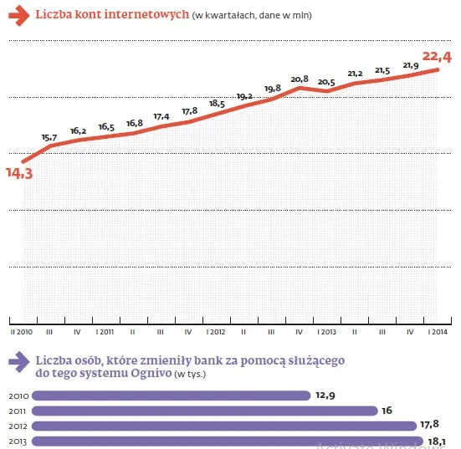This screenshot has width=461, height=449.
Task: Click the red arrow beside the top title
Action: coord(17,16)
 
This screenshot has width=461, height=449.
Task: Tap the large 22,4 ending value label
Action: coord(436,57)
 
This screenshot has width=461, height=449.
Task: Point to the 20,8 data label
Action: coord(300,79)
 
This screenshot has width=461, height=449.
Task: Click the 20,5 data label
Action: coord(326,82)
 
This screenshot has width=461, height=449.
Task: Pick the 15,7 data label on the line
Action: coord(49,137)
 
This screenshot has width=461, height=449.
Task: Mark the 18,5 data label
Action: coord(217,104)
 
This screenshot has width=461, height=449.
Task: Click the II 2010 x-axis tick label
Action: coord(22,332)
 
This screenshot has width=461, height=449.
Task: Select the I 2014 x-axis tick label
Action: coord(437,332)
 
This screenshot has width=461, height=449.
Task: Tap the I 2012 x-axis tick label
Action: coord(216,332)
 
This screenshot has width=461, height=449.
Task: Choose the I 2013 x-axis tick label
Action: coord(326,332)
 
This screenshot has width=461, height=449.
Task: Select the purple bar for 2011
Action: coord(205,411)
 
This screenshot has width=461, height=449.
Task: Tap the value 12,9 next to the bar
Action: coord(327,395)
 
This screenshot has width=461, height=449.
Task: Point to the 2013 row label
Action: coord(18,441)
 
